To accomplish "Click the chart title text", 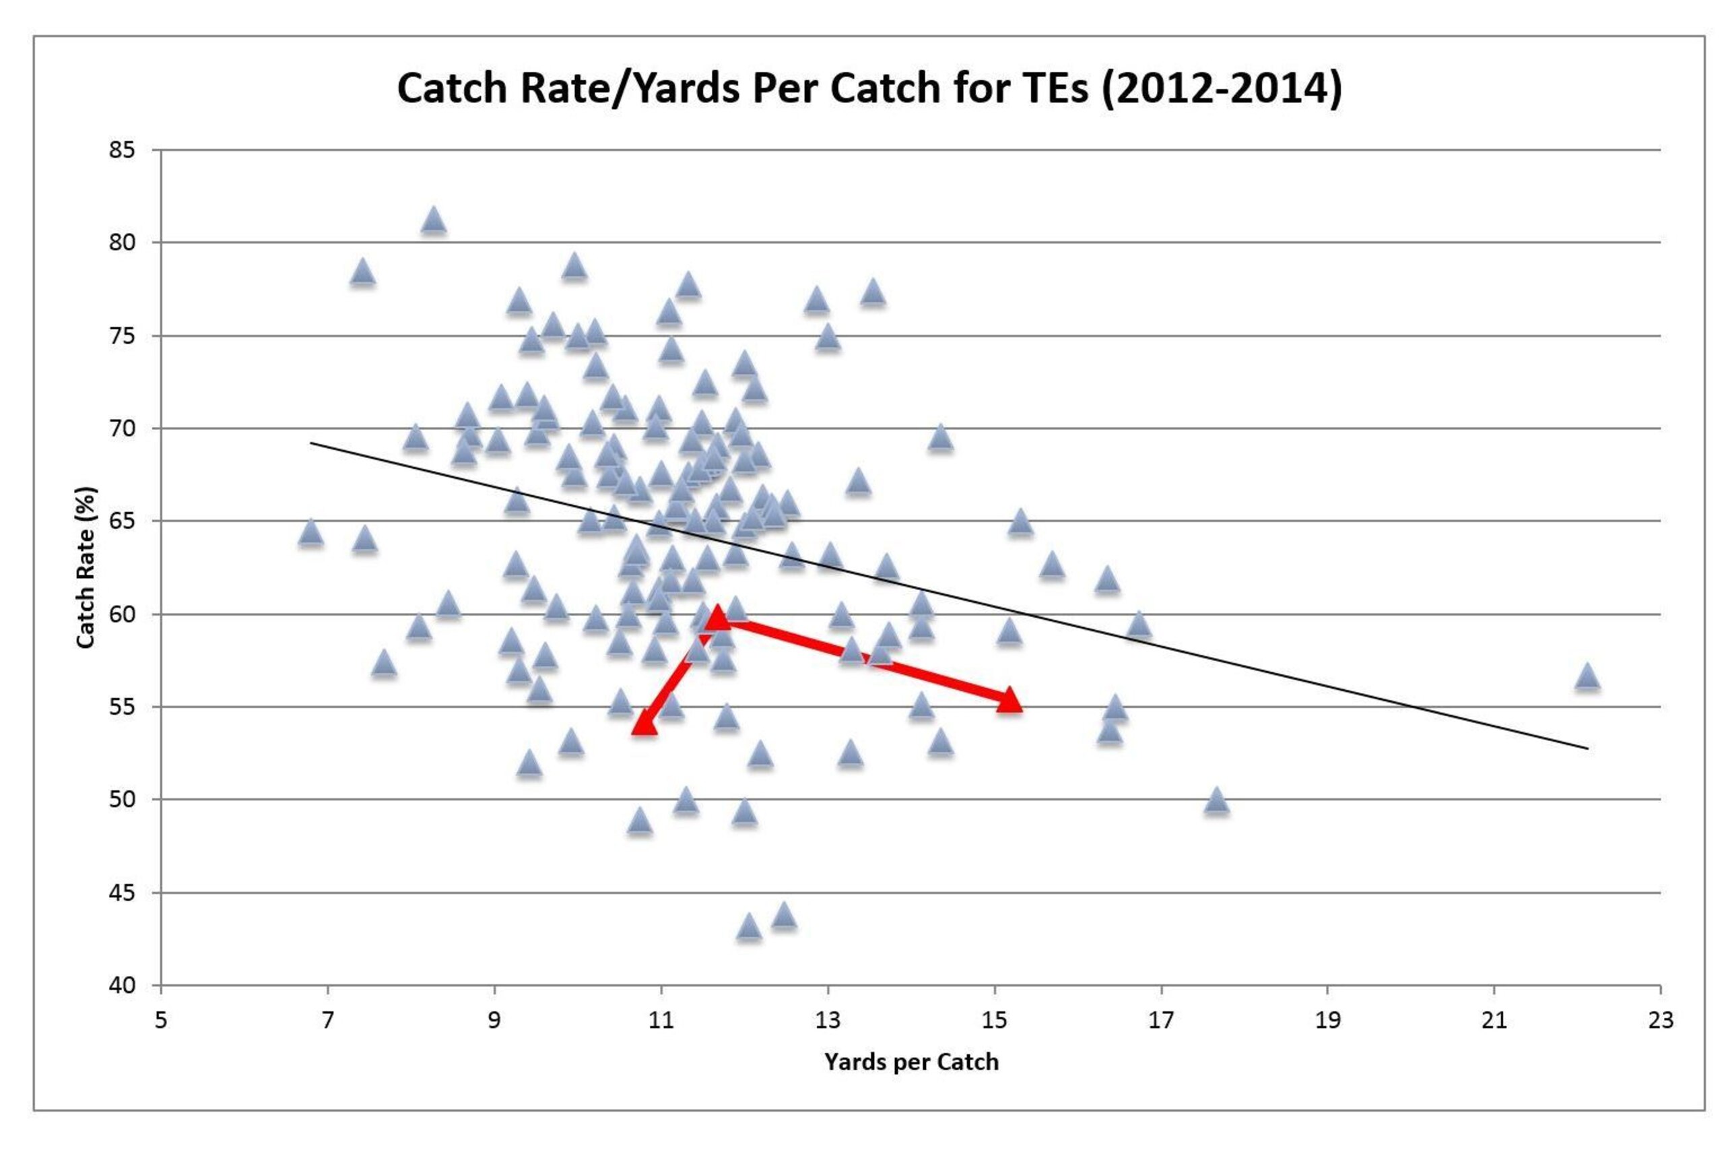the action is (869, 89).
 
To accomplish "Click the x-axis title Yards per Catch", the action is (911, 1062).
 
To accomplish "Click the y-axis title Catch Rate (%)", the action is (86, 567).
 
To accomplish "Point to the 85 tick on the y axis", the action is (123, 150).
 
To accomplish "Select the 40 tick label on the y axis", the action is (123, 986).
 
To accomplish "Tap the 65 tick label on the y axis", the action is (123, 521).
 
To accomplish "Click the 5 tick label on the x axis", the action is (161, 1020).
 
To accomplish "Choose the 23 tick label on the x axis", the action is (1661, 1020).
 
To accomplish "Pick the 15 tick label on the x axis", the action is (995, 1020).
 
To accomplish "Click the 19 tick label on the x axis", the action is (1327, 1020).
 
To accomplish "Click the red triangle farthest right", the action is (1009, 701).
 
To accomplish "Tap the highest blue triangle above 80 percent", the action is (434, 220).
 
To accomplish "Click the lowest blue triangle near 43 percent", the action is (748, 926).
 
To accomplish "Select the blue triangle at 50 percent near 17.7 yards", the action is (1217, 800).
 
